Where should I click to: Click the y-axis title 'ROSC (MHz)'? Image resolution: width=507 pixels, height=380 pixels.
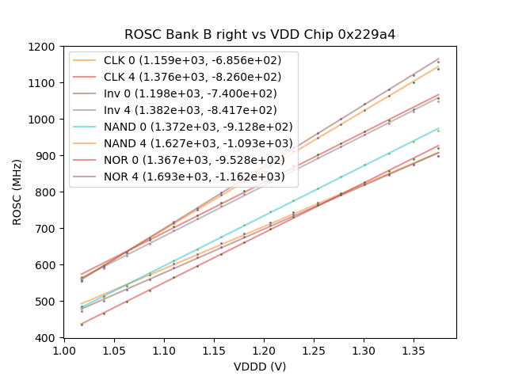(17, 192)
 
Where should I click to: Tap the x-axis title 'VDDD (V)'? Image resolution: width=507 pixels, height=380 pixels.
(260, 367)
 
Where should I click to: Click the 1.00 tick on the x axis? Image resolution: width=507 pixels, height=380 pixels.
(64, 350)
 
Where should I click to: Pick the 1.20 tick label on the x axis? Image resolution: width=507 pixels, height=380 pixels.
(164, 350)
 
